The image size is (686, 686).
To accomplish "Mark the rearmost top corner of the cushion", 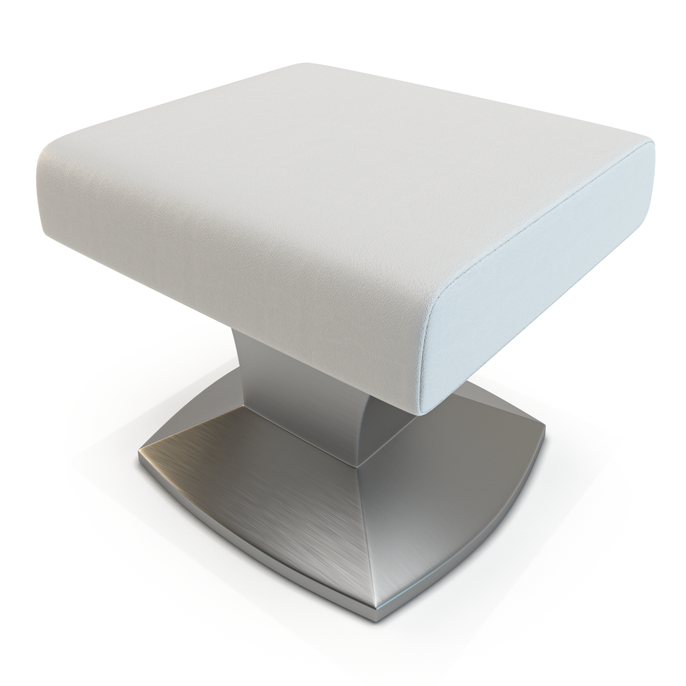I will [x=305, y=66].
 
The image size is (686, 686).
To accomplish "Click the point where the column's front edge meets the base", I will [x=356, y=465].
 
